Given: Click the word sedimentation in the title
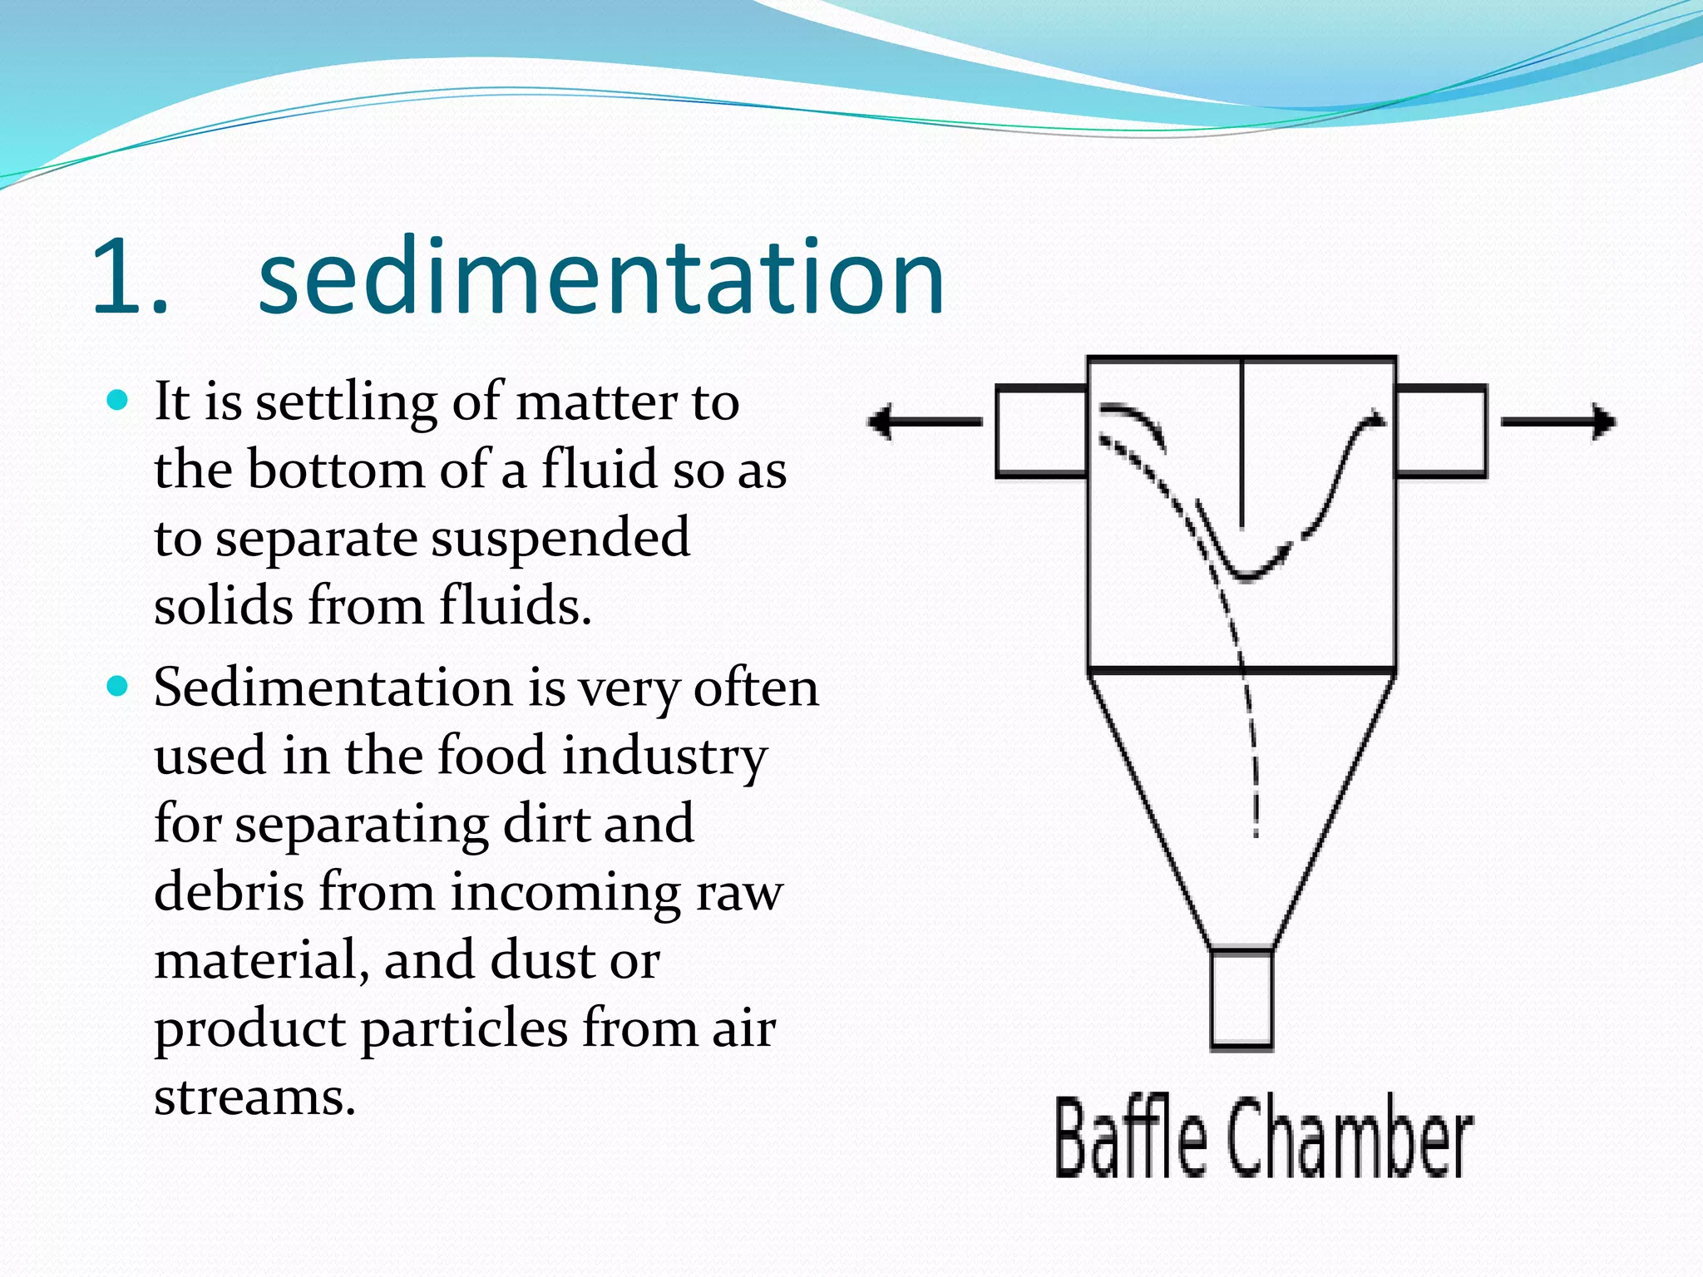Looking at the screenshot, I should tap(600, 278).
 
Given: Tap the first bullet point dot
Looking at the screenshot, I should tap(118, 401).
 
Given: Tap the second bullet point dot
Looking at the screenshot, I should tap(118, 687).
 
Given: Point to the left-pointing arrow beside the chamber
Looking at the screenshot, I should tap(923, 422).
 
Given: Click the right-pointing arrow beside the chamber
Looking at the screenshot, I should tap(1558, 422).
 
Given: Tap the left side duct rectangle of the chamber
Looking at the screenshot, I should tap(1041, 431).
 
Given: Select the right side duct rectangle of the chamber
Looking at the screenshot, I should tap(1441, 431).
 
